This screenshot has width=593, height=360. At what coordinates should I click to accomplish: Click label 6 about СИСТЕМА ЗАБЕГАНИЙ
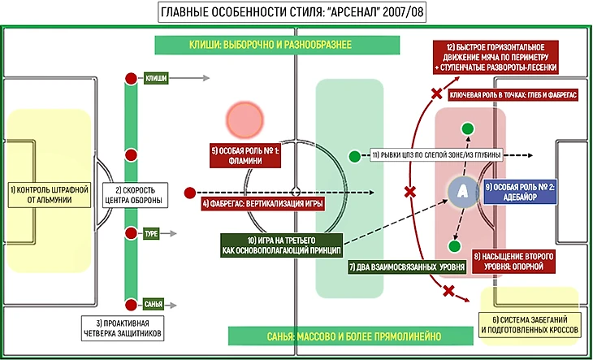(530, 324)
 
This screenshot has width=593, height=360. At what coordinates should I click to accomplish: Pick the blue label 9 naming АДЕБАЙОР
(520, 192)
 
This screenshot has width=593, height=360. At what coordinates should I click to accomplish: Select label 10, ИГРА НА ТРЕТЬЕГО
(280, 245)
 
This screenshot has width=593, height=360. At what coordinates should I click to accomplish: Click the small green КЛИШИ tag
(155, 79)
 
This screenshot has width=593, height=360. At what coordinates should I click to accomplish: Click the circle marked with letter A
(461, 191)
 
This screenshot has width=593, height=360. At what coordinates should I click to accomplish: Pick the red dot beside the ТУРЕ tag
(130, 234)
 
